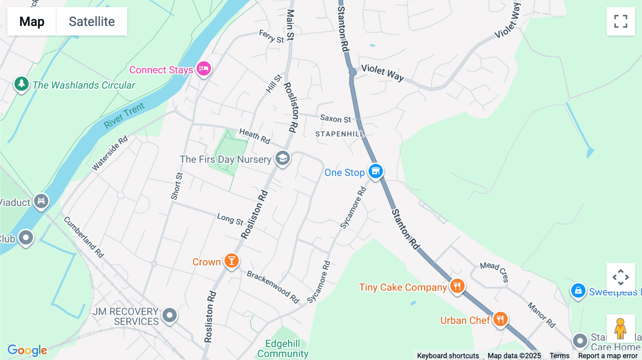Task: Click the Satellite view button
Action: pyautogui.click(x=92, y=21)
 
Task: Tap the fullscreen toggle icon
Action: pyautogui.click(x=621, y=21)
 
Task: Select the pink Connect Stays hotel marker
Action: pyautogui.click(x=204, y=68)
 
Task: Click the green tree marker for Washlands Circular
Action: pyautogui.click(x=21, y=84)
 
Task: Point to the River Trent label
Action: pyautogui.click(x=124, y=115)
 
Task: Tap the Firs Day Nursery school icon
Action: pyautogui.click(x=282, y=158)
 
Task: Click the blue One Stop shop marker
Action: pyautogui.click(x=376, y=171)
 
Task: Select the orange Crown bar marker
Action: pyautogui.click(x=231, y=261)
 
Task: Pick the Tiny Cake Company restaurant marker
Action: pyautogui.click(x=457, y=286)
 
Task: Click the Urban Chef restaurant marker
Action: pyautogui.click(x=500, y=319)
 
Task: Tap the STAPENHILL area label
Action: pyautogui.click(x=340, y=134)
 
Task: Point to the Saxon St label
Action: pyautogui.click(x=335, y=119)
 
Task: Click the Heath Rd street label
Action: pyautogui.click(x=255, y=136)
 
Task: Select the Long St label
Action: pyautogui.click(x=230, y=219)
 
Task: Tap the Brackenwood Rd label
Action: pyautogui.click(x=273, y=287)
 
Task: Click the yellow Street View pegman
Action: pyautogui.click(x=620, y=328)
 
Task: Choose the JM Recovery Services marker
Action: pyautogui.click(x=169, y=315)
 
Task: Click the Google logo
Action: pyautogui.click(x=27, y=350)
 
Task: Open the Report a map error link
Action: pyautogui.click(x=608, y=356)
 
